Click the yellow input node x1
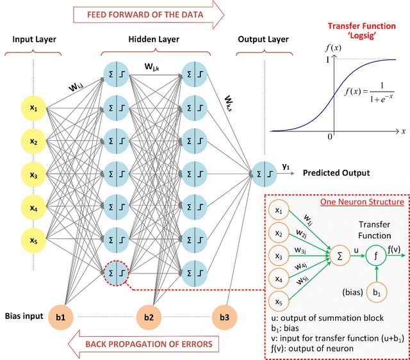pyautogui.click(x=33, y=108)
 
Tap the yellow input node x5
pyautogui.click(x=33, y=240)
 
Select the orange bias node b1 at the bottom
pyautogui.click(x=61, y=317)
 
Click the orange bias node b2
pyautogui.click(x=149, y=317)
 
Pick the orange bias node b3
pyautogui.click(x=224, y=317)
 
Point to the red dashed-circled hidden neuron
pyautogui.click(x=116, y=273)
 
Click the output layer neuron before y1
pyautogui.click(x=264, y=174)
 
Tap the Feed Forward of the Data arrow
pyautogui.click(x=149, y=14)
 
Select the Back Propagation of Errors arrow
pyautogui.click(x=143, y=344)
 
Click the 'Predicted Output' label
pyautogui.click(x=336, y=173)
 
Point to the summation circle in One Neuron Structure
pyautogui.click(x=340, y=256)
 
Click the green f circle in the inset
pyautogui.click(x=376, y=256)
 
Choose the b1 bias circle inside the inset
pyautogui.click(x=377, y=292)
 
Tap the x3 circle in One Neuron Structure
pyautogui.click(x=279, y=256)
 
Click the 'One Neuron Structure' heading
pyautogui.click(x=362, y=202)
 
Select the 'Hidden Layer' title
pyautogui.click(x=154, y=39)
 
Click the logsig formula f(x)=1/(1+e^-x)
pyautogui.click(x=369, y=92)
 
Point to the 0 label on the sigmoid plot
pyautogui.click(x=330, y=136)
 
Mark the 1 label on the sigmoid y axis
pyautogui.click(x=327, y=60)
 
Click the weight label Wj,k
pyautogui.click(x=152, y=67)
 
